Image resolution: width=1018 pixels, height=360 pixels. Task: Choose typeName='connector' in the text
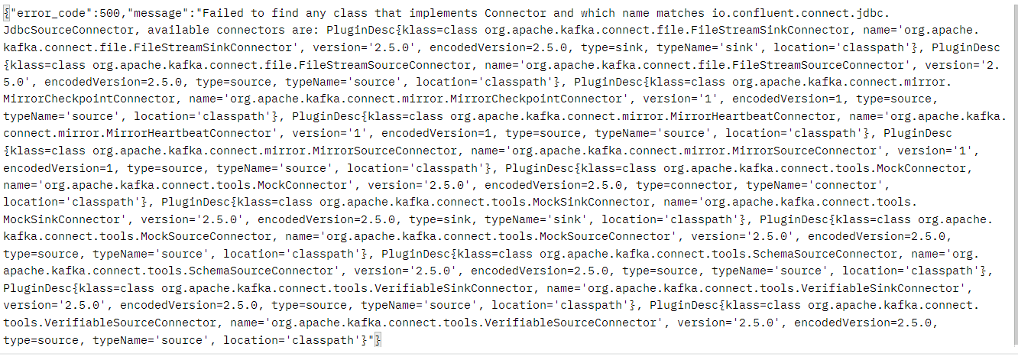(x=817, y=185)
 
